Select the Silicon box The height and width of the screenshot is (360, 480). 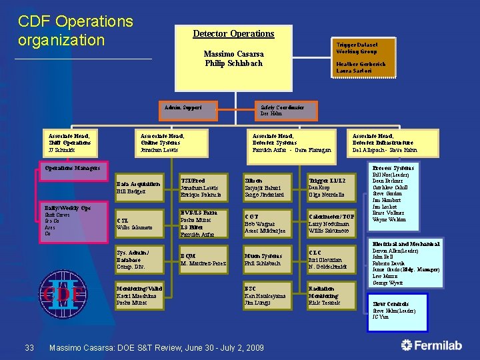pyautogui.click(x=269, y=188)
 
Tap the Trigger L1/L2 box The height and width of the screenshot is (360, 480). pyautogui.click(x=334, y=188)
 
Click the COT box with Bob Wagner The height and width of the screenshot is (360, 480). pyautogui.click(x=269, y=223)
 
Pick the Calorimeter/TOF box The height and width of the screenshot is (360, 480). pyautogui.click(x=334, y=223)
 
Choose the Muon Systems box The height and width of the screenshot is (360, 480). pyautogui.click(x=269, y=259)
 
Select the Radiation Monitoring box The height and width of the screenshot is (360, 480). pyautogui.click(x=334, y=295)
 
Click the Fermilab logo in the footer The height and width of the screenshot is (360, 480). pyautogui.click(x=434, y=345)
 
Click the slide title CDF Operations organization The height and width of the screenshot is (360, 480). pyautogui.click(x=75, y=31)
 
